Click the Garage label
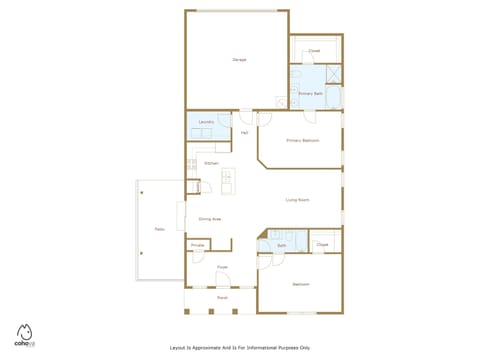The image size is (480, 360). click(x=239, y=60)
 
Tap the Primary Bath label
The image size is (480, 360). click(x=310, y=93)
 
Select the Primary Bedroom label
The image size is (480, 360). click(x=301, y=140)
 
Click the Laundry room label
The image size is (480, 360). click(x=207, y=122)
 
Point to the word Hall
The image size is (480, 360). click(x=244, y=132)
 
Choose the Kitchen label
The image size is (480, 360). click(x=211, y=163)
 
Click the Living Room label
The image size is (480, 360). click(x=297, y=200)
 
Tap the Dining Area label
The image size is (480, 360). click(x=210, y=219)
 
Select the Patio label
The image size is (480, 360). click(x=159, y=229)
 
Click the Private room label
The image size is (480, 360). click(x=198, y=245)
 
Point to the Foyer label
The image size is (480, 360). click(x=223, y=267)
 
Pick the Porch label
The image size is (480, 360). click(x=222, y=297)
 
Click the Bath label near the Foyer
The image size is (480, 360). click(x=282, y=245)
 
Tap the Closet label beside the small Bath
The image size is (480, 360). click(x=322, y=244)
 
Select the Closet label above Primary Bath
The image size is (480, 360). click(x=314, y=50)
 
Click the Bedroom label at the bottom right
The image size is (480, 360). click(x=300, y=284)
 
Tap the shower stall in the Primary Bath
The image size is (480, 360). click(x=333, y=73)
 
